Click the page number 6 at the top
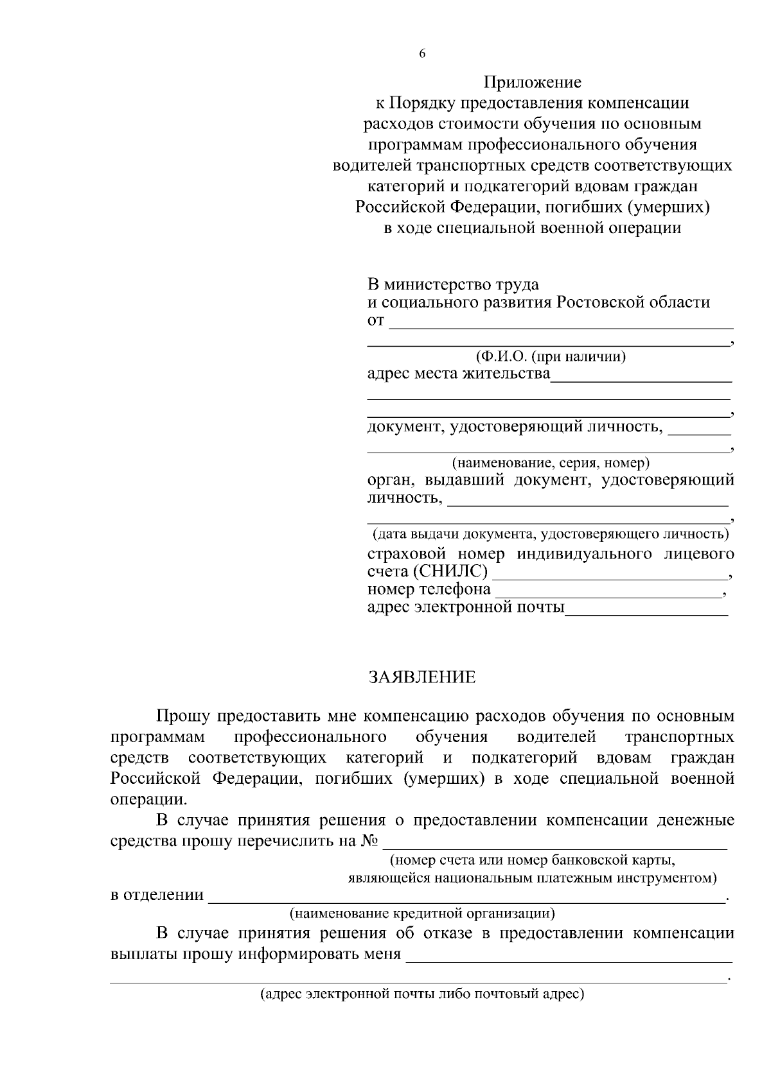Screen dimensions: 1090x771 422,55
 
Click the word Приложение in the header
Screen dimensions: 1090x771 532,82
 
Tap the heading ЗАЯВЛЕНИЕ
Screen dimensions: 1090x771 422,677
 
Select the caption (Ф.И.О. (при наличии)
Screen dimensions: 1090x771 551,357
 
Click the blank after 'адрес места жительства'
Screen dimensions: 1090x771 641,379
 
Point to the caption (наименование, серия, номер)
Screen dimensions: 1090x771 551,462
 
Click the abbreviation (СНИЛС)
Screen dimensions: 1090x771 450,571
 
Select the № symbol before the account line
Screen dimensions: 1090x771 369,840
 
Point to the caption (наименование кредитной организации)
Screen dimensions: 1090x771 422,913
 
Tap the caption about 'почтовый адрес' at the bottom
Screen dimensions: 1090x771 422,995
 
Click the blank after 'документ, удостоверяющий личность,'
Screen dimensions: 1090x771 699,431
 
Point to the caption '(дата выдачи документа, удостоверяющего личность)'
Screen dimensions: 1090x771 551,533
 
